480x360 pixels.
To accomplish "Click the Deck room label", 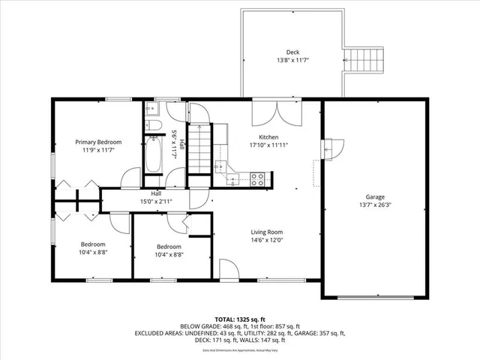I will click(292, 52).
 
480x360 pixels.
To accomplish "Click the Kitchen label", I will click(269, 137).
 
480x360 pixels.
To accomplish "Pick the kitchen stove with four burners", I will click(257, 179).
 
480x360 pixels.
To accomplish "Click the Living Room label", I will click(266, 232).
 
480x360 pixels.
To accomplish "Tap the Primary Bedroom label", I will click(98, 142).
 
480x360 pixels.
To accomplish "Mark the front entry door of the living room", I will click(229, 270).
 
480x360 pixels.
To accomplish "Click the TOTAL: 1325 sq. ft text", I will click(239, 319).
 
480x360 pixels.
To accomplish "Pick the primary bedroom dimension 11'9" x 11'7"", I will click(98, 150).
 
